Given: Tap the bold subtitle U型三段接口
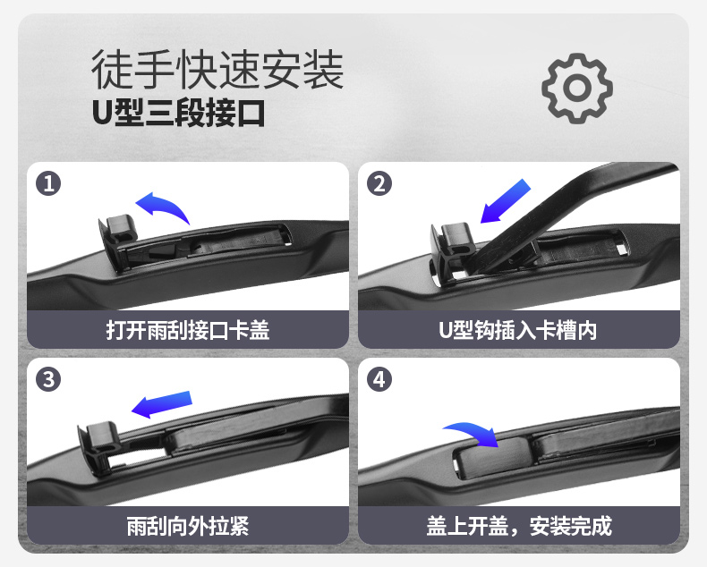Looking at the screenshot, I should tap(178, 114).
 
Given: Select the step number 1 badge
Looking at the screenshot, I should tap(48, 184).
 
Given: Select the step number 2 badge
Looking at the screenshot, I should tap(380, 184).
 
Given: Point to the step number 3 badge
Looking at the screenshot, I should tap(48, 379).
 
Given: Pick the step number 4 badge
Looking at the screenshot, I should tap(380, 379).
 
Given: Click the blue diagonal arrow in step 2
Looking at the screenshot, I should tap(506, 200).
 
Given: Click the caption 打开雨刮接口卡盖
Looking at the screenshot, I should tap(188, 330).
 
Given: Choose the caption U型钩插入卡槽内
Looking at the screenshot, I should tap(518, 330).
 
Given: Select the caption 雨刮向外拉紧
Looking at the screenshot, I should tap(188, 525).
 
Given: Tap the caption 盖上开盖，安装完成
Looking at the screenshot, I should tap(518, 525).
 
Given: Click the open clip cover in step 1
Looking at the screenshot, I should tap(114, 234).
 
